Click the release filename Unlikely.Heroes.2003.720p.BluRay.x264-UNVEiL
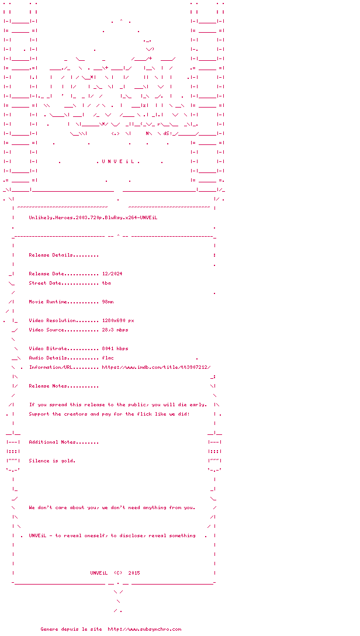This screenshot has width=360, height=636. (93, 217)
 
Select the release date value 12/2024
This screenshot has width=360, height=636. (112, 274)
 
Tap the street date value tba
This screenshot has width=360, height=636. (106, 283)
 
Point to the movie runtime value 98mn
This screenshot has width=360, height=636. (108, 302)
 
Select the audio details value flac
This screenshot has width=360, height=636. (108, 358)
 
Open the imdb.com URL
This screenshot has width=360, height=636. (156, 367)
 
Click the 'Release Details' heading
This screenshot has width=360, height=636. (63, 255)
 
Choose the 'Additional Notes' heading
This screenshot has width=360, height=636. (63, 442)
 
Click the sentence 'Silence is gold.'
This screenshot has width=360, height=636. (52, 461)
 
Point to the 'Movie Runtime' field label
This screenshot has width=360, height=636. (55, 302)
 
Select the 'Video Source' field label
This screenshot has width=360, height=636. (54, 330)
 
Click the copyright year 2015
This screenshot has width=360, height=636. (134, 573)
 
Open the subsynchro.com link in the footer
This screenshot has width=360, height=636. (144, 629)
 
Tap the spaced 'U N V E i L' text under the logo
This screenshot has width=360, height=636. (118, 161)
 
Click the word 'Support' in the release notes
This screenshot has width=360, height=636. (39, 414)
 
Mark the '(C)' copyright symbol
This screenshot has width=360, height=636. (118, 573)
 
